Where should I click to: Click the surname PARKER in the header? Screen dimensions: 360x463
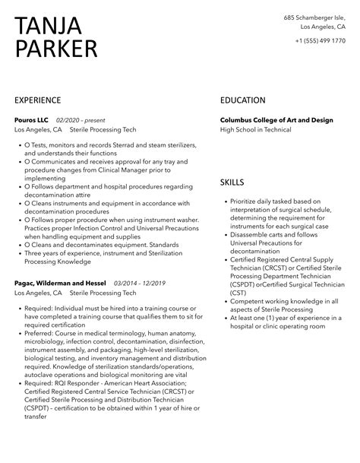56,50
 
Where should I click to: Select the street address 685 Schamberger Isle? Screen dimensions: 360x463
315,17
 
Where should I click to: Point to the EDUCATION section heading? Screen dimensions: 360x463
242,100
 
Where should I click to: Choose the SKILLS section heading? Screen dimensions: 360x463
232,184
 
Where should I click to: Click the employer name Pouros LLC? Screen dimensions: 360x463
30,119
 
